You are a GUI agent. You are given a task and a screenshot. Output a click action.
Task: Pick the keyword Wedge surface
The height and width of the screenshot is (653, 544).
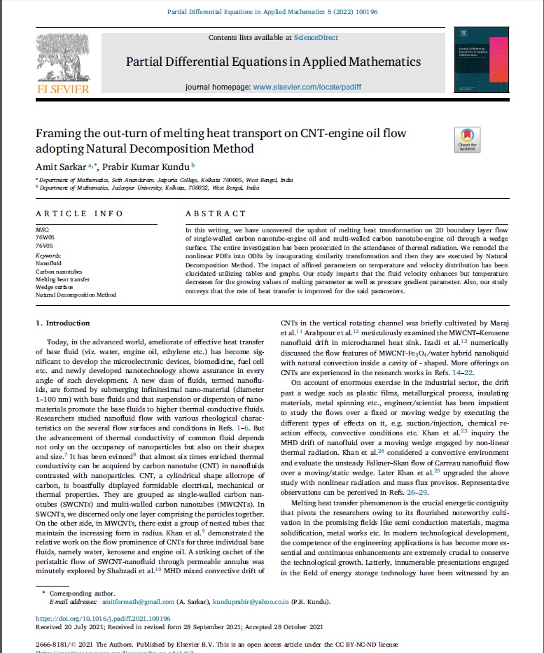54,287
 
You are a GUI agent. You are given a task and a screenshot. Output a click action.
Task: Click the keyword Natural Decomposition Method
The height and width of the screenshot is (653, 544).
76,295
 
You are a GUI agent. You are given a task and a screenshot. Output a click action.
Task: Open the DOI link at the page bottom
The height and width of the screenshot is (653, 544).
103,619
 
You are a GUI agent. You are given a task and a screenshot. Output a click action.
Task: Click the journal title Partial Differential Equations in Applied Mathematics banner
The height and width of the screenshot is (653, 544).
273,62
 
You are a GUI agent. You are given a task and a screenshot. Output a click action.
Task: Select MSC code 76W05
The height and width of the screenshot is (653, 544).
44,238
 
